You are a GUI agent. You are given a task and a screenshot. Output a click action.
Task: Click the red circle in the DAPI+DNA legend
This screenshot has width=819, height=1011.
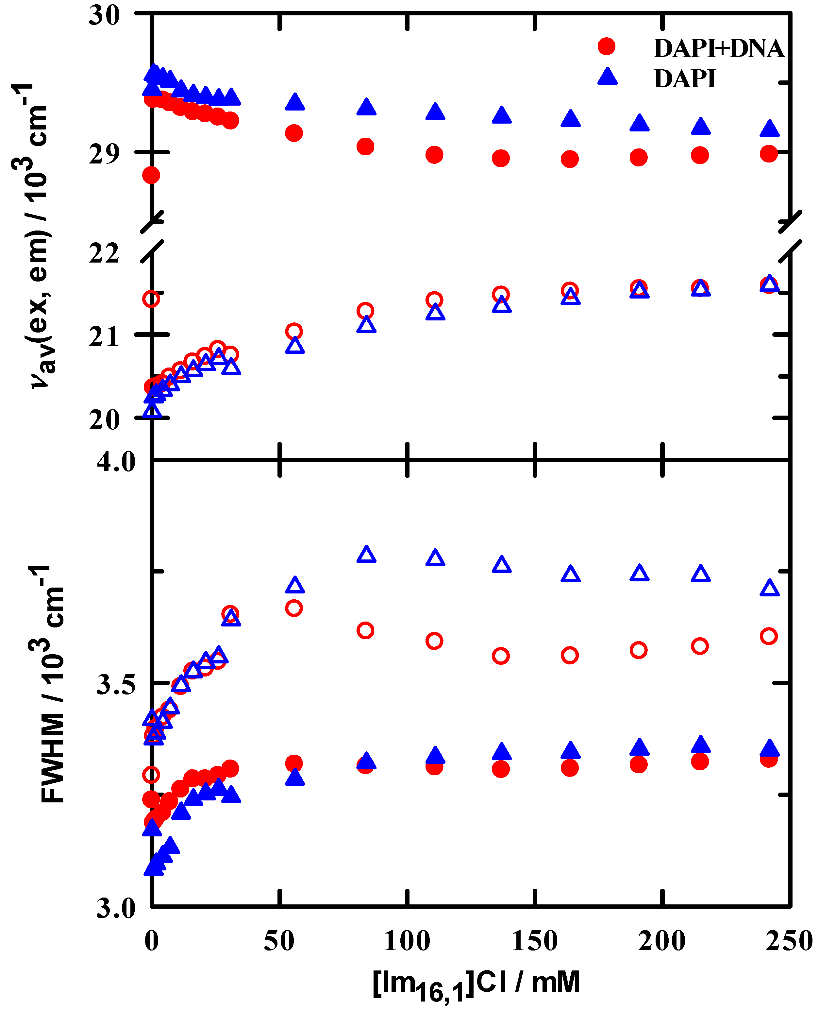click(x=606, y=47)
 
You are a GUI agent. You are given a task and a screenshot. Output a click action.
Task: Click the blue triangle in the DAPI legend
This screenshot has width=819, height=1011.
click(x=607, y=77)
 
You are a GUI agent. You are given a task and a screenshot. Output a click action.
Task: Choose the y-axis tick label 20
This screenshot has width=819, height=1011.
click(x=104, y=419)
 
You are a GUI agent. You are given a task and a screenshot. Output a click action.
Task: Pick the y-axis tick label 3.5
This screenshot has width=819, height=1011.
click(x=116, y=685)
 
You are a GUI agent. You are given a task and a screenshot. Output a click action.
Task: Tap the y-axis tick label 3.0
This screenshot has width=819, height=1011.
click(x=116, y=909)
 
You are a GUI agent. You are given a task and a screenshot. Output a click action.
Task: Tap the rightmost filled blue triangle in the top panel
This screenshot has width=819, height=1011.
click(x=769, y=129)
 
